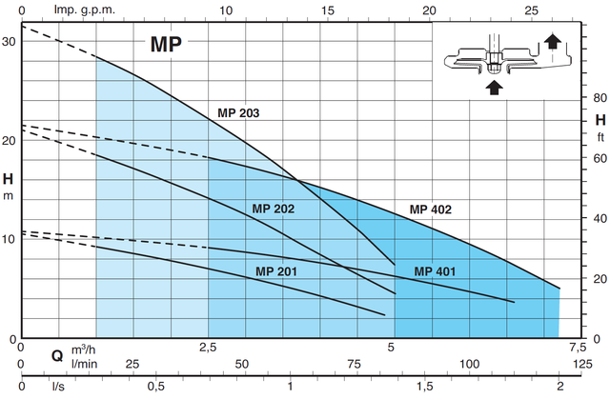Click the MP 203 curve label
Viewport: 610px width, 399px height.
[x=238, y=113]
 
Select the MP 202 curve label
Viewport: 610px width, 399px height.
[x=274, y=209]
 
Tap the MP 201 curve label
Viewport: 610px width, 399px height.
[x=276, y=272]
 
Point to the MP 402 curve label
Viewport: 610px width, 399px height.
[x=431, y=209]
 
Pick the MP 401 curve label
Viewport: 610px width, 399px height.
[x=435, y=272]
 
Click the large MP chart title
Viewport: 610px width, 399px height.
[x=166, y=44]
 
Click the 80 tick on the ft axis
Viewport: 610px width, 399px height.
[x=600, y=97]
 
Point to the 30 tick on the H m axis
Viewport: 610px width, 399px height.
[x=10, y=42]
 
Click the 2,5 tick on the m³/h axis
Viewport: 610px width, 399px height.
[x=208, y=347]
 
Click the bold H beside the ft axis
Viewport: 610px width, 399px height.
[x=600, y=120]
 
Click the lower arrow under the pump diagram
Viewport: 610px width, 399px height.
[x=494, y=87]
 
